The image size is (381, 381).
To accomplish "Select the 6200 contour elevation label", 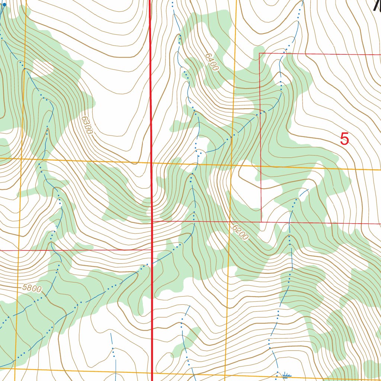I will [x=239, y=232].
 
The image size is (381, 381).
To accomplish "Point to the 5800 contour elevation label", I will [x=32, y=288].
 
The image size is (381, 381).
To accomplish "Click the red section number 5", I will [x=345, y=139].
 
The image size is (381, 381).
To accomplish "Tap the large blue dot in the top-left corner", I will [x=4, y=5].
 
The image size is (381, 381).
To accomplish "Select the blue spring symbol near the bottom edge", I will [x=286, y=375].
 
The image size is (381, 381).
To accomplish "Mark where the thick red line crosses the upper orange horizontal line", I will [x=151, y=163].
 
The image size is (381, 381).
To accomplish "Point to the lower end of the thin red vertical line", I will [x=261, y=222].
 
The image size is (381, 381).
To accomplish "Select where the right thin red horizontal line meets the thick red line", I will [x=152, y=221].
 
